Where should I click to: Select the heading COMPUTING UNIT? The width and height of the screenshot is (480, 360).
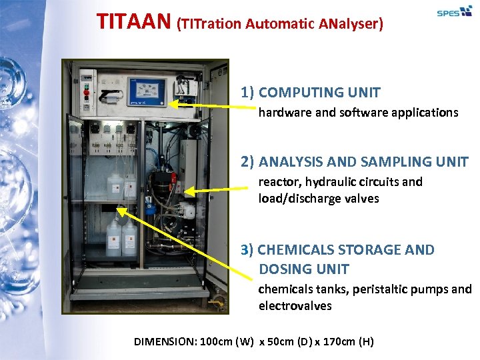(319, 92)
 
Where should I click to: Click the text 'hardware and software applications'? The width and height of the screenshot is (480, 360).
(358, 113)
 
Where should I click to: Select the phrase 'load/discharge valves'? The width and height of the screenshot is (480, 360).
(319, 198)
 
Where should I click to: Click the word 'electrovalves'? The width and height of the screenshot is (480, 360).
(295, 306)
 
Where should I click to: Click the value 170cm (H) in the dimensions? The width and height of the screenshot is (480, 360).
(344, 342)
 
